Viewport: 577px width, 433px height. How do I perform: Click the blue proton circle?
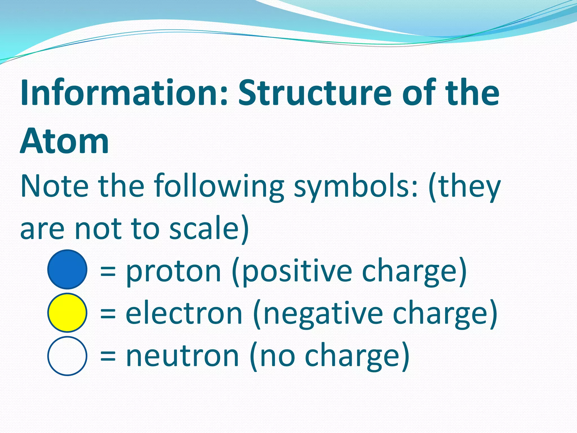pyautogui.click(x=67, y=269)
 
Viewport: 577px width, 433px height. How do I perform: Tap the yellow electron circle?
pyautogui.click(x=67, y=313)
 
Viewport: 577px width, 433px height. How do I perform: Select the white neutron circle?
pyautogui.click(x=67, y=356)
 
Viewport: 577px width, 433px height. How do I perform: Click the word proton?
pyautogui.click(x=174, y=271)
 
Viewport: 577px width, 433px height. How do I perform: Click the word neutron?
pyautogui.click(x=183, y=356)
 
